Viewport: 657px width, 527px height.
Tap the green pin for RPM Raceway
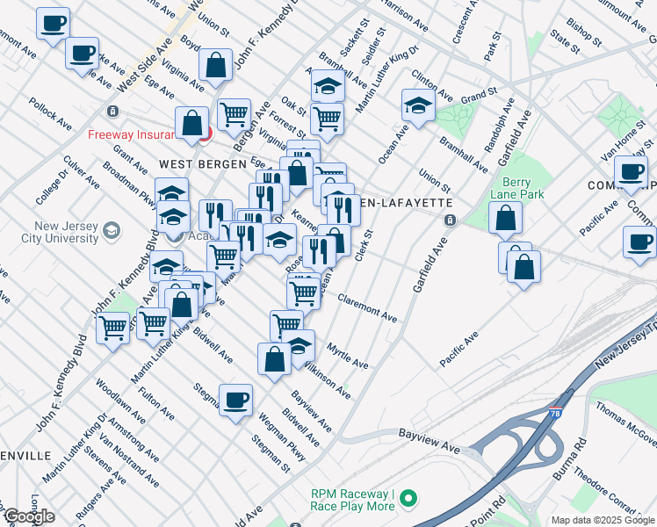coord(408,500)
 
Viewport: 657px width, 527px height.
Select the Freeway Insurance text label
coord(140,134)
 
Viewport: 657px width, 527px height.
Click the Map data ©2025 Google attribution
coord(603,520)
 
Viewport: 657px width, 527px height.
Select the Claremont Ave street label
coord(368,306)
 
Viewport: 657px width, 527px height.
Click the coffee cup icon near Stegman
coord(235,401)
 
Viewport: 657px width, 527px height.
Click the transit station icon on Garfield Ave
coord(449,220)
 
